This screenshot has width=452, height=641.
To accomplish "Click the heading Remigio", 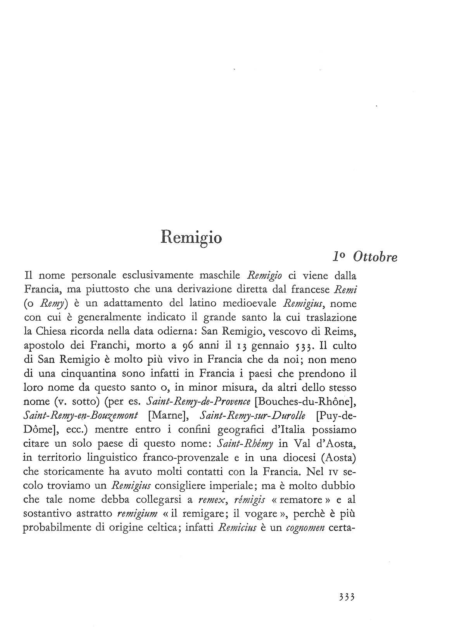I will click(x=191, y=236).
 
